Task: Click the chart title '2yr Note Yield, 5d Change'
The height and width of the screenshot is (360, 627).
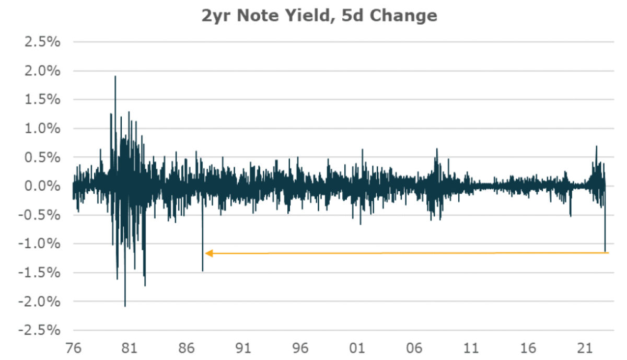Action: pos(319,16)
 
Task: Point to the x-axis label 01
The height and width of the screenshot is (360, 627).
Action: pos(357,347)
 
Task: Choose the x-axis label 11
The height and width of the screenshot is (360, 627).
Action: pos(472,347)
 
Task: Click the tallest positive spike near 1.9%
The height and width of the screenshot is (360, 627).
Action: pos(115,77)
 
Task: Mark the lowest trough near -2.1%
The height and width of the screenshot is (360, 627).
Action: pos(125,306)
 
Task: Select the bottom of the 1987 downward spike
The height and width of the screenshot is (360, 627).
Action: pos(202,270)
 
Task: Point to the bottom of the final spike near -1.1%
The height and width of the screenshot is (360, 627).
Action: pos(605,251)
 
